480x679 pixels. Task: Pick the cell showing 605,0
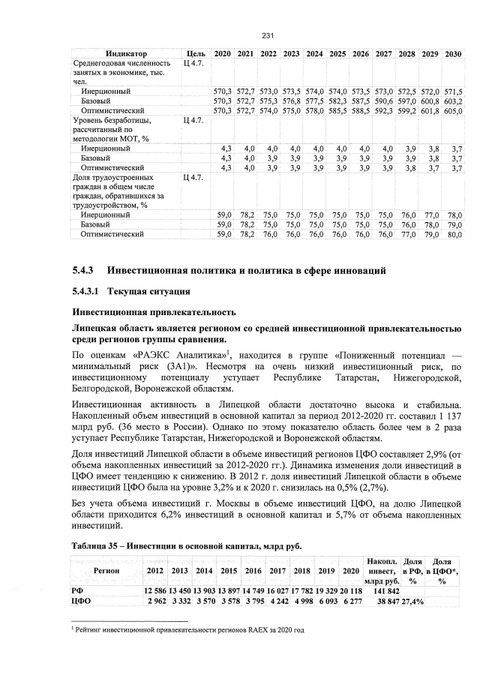[452, 110]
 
